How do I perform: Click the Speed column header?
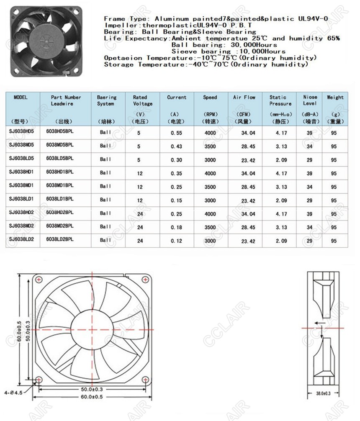[210, 98]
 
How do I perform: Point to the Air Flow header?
[244, 98]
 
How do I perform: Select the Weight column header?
[335, 98]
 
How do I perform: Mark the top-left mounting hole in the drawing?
[39, 280]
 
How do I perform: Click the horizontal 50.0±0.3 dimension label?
[92, 390]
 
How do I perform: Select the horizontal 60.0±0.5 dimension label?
[92, 396]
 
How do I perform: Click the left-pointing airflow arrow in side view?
[319, 323]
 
